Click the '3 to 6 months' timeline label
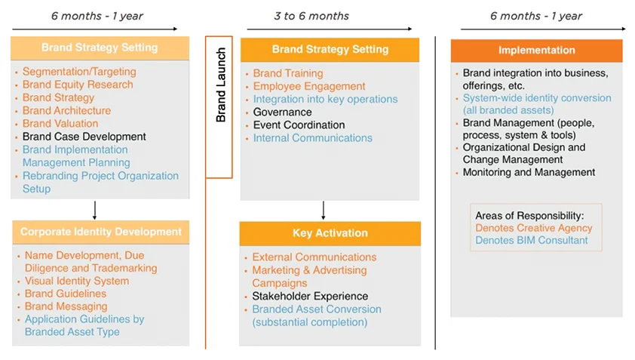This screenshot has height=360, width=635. [x=311, y=16]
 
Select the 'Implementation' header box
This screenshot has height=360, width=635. [x=536, y=51]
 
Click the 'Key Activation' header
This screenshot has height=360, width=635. [x=330, y=233]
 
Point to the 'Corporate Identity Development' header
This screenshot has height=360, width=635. [x=100, y=232]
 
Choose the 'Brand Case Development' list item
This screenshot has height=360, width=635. [x=84, y=137]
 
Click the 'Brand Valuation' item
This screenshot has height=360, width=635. [x=60, y=124]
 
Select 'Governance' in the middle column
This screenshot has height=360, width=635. [x=282, y=112]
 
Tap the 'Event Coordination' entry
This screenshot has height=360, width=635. [x=299, y=125]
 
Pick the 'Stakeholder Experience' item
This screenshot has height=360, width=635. [x=310, y=297]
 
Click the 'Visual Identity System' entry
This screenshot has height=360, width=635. [x=77, y=281]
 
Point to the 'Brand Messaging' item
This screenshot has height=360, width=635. [x=66, y=306]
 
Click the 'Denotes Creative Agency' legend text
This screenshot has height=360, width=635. [x=533, y=228]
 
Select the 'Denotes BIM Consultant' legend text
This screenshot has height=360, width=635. [x=531, y=241]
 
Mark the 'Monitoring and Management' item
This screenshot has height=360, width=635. [x=529, y=172]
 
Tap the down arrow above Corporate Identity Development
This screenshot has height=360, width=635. [x=94, y=209]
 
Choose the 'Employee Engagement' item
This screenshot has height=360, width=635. [x=309, y=87]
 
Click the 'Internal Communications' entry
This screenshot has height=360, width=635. [x=312, y=138]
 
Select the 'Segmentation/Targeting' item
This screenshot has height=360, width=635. [x=79, y=72]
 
